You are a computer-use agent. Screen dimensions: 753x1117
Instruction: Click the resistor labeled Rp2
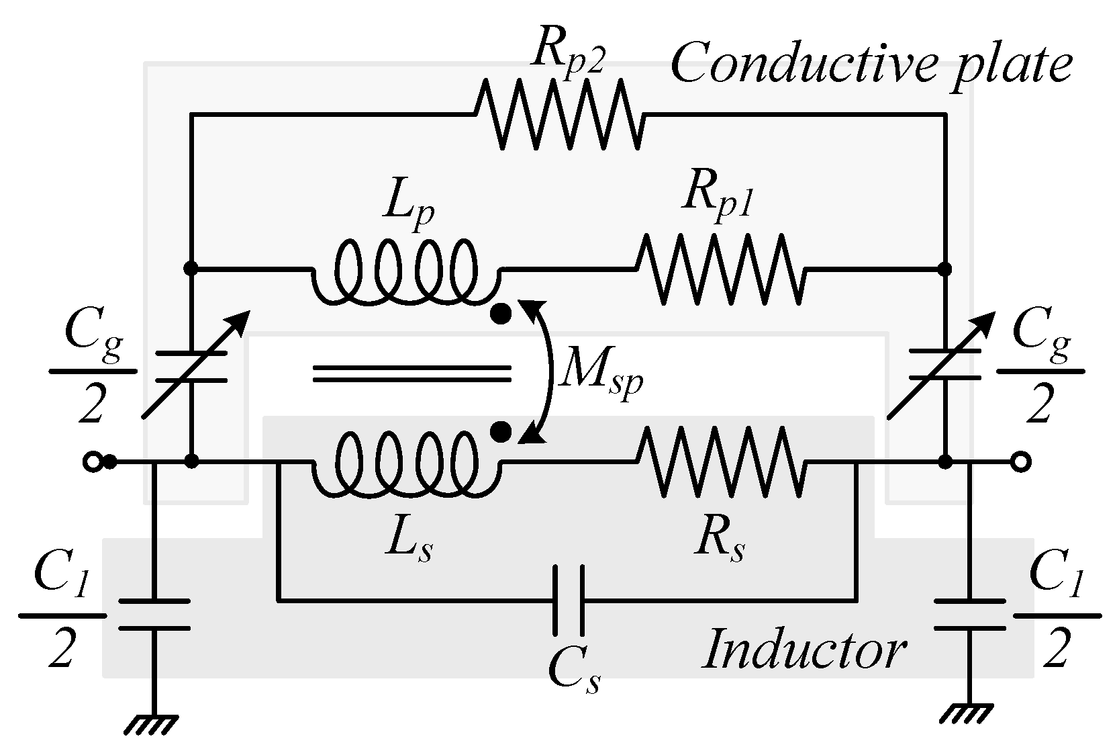click(559, 115)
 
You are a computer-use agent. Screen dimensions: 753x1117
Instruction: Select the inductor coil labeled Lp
click(406, 272)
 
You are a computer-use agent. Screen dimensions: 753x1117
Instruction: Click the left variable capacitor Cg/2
click(191, 366)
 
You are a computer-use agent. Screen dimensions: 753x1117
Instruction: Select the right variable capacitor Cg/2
click(945, 366)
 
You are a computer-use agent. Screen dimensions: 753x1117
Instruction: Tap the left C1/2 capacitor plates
click(154, 614)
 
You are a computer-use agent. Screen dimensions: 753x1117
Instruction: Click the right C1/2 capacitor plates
click(969, 614)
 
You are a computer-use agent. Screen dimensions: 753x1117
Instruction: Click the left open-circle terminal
click(91, 462)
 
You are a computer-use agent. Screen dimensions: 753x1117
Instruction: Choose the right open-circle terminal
click(1020, 462)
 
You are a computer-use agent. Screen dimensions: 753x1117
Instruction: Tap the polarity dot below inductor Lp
click(500, 314)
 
